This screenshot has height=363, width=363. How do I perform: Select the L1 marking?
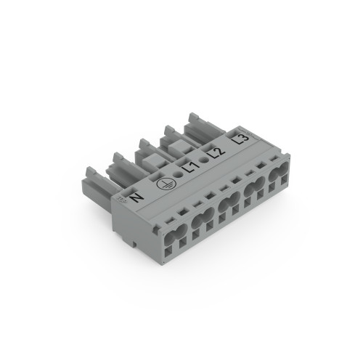pos(192,168)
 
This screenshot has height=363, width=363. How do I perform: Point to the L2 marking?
pos(215,152)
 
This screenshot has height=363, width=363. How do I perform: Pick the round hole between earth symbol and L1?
pos(179,176)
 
